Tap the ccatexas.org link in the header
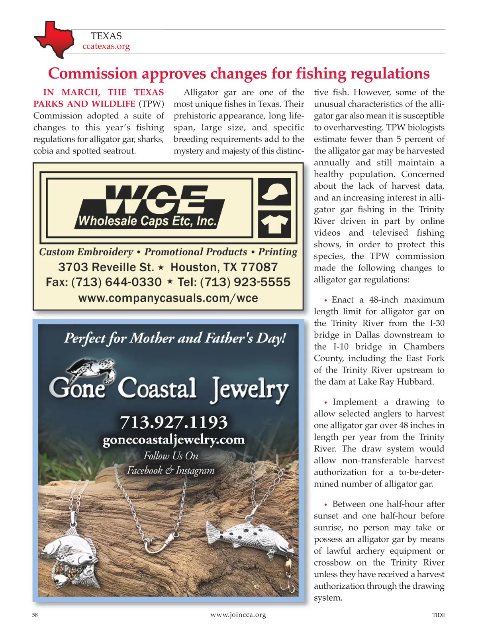[106, 46]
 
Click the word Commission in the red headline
[92, 74]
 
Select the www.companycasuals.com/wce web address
[168, 298]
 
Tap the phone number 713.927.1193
[174, 422]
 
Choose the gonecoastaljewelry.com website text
[174, 440]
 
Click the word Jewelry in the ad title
[250, 389]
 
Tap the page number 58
[35, 615]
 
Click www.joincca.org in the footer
[238, 615]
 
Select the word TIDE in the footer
[439, 615]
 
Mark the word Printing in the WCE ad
[278, 252]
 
